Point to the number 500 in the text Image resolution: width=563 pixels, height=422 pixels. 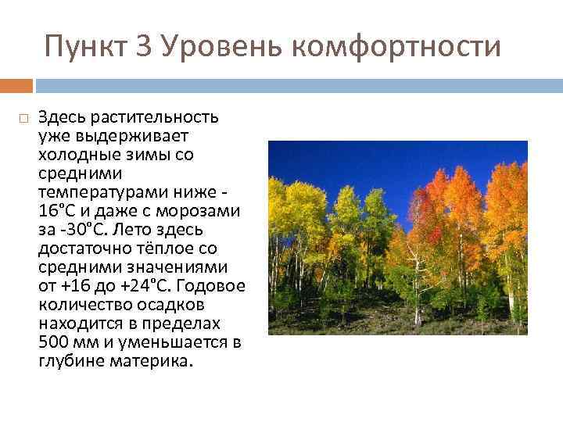tap(52, 342)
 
